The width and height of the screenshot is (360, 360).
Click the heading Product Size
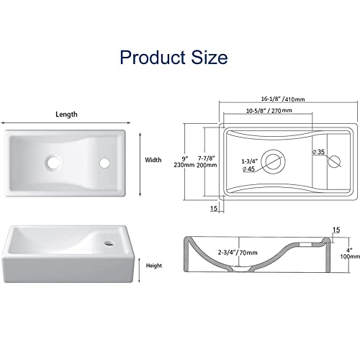point(174,57)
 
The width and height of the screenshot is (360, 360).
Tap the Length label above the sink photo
point(67,114)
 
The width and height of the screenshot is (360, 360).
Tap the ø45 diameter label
point(248,169)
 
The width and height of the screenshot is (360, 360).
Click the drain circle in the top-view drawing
point(273,161)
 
